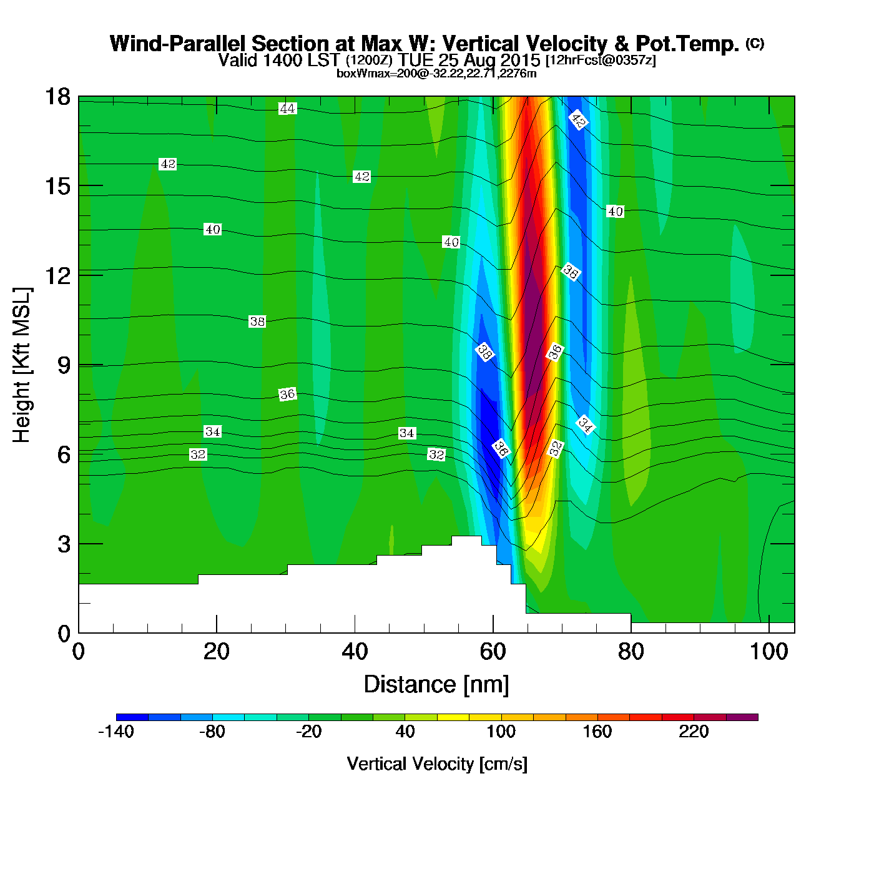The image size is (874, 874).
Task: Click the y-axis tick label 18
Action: point(57,97)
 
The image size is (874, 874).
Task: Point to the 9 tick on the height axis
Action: point(64,365)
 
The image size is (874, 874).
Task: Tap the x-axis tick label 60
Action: point(493,652)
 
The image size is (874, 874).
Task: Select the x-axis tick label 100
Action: point(768,652)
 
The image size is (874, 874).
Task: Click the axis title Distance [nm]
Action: point(436,685)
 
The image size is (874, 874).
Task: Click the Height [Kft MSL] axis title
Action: point(22,365)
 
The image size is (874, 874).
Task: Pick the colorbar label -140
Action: point(116,732)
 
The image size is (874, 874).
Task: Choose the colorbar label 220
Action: point(694,732)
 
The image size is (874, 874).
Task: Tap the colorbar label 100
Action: point(501,732)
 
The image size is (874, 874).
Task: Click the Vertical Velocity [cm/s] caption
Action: point(437,764)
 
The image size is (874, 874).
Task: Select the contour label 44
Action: point(287,109)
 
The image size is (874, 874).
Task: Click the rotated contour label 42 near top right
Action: point(578,120)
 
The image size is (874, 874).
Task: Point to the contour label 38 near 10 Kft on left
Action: point(257,322)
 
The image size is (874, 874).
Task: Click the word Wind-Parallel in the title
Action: point(178,44)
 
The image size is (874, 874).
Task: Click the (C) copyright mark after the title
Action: point(755,43)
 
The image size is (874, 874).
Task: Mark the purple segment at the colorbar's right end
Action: point(742,717)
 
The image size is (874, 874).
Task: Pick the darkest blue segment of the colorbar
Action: point(132,717)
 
